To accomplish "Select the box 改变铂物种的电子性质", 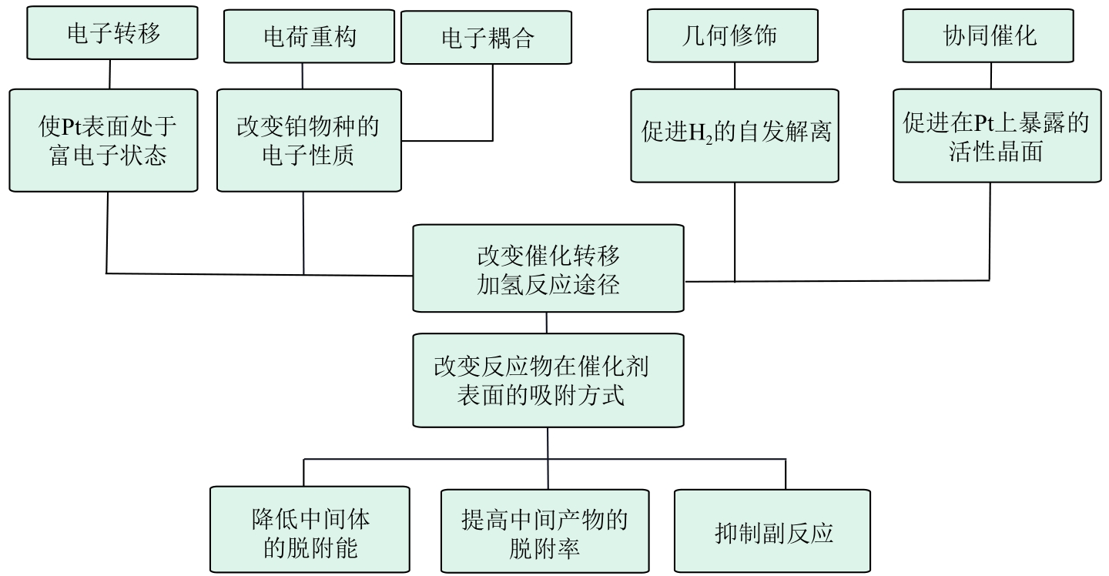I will tap(308, 140).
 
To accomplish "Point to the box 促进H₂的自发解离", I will tap(734, 135).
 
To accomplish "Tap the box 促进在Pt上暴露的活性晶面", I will tap(997, 135).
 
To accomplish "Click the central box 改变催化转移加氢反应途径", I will tap(548, 268).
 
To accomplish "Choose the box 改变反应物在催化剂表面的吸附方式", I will tap(548, 380).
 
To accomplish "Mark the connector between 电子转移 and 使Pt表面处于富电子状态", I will tap(110, 75).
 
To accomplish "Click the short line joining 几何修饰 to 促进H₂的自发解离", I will tap(734, 75).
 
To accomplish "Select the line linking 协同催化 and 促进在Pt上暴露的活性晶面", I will tap(991, 75).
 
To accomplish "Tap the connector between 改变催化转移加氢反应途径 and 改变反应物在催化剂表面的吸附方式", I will tap(547, 323).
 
